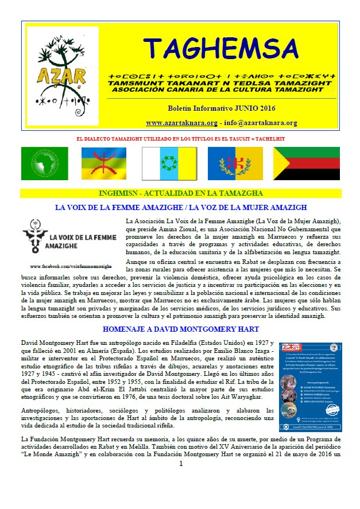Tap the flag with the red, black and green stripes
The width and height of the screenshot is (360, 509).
tap(305, 164)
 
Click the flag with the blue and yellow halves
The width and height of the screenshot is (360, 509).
tap(235, 164)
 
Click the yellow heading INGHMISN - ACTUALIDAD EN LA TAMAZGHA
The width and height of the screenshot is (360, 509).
tap(181, 193)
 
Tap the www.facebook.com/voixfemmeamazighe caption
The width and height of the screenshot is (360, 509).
tap(71, 267)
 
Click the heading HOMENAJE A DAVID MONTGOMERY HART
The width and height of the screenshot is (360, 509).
tap(181, 329)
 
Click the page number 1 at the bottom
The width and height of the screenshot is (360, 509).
tap(180, 495)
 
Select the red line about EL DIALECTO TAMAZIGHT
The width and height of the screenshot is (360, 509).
tap(181, 139)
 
